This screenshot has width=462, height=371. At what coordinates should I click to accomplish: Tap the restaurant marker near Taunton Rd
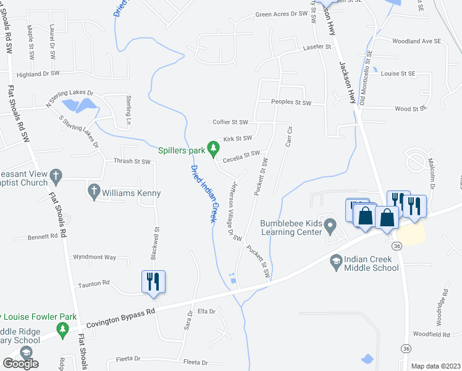click(x=151, y=281)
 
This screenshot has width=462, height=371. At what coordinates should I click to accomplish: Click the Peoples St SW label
click(x=291, y=103)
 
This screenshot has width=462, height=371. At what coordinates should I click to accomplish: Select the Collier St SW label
click(x=230, y=122)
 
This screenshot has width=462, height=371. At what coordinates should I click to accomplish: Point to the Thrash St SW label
click(x=132, y=162)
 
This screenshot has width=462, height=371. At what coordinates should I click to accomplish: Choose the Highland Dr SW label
click(x=38, y=74)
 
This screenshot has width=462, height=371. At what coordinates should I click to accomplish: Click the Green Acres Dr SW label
click(x=281, y=14)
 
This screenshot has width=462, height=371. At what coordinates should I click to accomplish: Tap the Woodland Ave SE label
click(x=417, y=41)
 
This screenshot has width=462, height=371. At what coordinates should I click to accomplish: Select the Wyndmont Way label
click(x=94, y=257)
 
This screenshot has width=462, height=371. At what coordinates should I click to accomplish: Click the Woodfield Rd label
click(x=432, y=334)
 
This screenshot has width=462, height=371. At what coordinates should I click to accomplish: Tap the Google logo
click(x=20, y=363)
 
